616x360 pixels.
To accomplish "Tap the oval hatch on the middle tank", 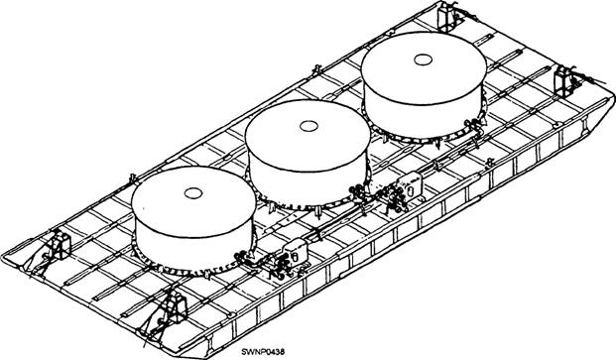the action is pyautogui.click(x=308, y=126).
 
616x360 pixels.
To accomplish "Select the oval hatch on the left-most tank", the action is pyautogui.click(x=193, y=193).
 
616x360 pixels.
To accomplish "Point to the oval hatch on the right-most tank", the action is pyautogui.click(x=424, y=60).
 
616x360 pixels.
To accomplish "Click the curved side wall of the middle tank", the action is pyautogui.click(x=308, y=184).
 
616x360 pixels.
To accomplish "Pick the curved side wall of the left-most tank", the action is pyautogui.click(x=194, y=251).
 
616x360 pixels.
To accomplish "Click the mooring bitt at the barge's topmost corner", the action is pyautogui.click(x=445, y=16).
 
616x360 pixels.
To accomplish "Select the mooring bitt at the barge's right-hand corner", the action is pyautogui.click(x=565, y=81).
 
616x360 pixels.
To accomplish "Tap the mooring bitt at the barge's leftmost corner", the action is pyautogui.click(x=59, y=245).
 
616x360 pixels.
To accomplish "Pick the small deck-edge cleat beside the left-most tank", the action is pyautogui.click(x=133, y=179).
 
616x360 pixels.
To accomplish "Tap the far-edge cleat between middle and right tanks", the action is pyautogui.click(x=316, y=70).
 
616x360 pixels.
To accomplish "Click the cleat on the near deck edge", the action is pyautogui.click(x=489, y=162).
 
